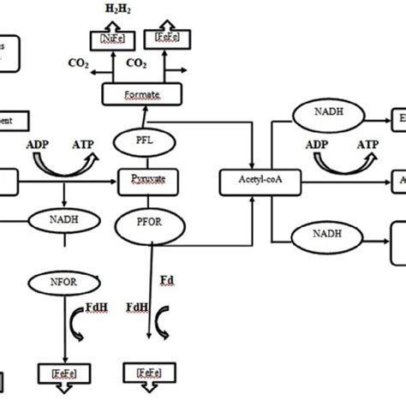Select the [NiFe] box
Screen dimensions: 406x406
pos(110,39)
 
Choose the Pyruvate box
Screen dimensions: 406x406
pos(142,180)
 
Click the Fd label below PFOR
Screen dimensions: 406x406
pos(169,279)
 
